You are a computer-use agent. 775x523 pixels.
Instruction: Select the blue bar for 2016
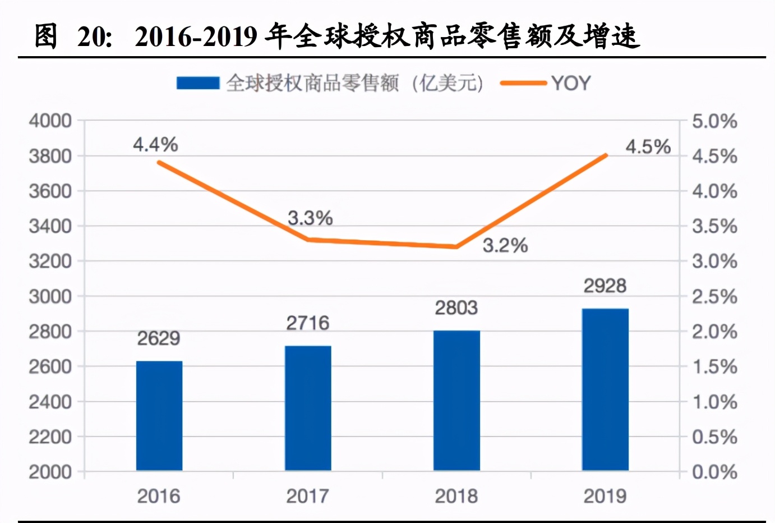[159, 415]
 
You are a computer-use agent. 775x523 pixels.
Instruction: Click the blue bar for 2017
[308, 408]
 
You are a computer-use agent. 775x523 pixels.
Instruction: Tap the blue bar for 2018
[456, 400]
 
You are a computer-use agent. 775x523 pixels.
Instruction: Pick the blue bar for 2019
[605, 389]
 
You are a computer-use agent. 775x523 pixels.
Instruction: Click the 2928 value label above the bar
[605, 286]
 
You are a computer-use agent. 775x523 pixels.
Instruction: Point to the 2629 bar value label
[159, 338]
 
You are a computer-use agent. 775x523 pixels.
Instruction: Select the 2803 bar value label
[456, 308]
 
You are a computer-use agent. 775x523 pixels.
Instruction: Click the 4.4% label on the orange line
[155, 145]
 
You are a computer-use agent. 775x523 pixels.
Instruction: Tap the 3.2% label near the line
[505, 245]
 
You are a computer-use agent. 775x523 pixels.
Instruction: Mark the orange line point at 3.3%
[308, 240]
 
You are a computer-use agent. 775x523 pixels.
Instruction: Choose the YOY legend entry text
[571, 83]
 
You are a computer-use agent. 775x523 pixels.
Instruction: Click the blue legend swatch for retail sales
[197, 83]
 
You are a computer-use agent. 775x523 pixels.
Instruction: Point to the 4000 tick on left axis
[50, 121]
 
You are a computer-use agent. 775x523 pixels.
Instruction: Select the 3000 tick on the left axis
[50, 296]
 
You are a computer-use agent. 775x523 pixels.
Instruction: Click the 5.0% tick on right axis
[714, 121]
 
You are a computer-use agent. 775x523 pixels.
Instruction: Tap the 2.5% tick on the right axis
[714, 297]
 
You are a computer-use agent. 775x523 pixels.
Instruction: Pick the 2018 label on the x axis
[456, 496]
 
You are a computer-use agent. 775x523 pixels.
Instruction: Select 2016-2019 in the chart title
[196, 37]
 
